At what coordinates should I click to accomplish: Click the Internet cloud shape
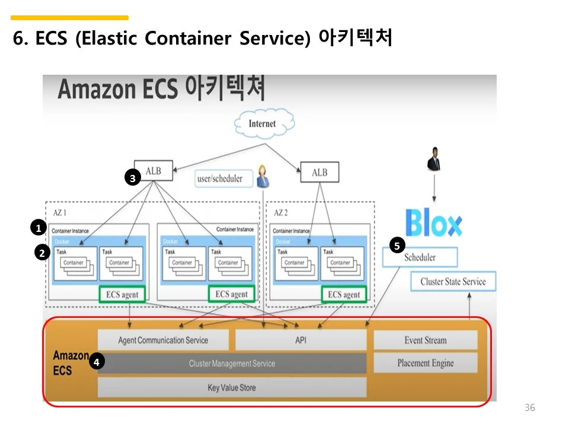tap(263, 123)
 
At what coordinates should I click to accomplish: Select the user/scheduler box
tap(220, 178)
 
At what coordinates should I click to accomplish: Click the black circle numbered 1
tap(38, 227)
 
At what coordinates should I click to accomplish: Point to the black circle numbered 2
tap(41, 253)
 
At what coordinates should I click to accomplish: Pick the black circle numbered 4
tap(96, 361)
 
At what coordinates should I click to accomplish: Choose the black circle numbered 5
tap(397, 244)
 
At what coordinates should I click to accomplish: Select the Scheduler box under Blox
tap(420, 257)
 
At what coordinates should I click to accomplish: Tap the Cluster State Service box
tap(453, 282)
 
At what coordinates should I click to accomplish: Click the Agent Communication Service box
tap(163, 340)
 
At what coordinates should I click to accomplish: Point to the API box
tap(301, 340)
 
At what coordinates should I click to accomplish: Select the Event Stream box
tap(425, 340)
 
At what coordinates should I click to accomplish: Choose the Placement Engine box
tap(425, 363)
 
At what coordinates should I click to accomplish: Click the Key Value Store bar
tap(232, 387)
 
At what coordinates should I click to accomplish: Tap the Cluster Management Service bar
tap(232, 363)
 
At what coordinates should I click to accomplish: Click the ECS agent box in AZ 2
tap(344, 294)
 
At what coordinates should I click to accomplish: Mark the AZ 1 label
tap(61, 212)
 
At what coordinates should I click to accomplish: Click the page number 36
tap(530, 407)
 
